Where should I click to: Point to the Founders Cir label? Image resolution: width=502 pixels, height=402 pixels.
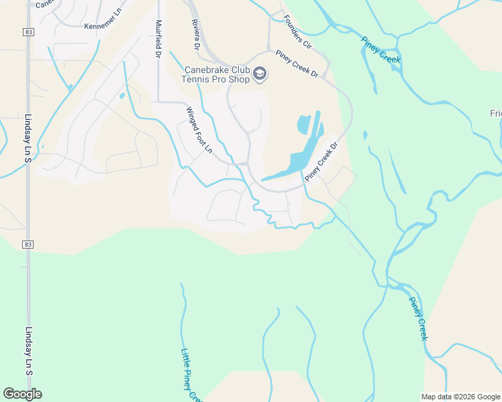(x=297, y=32)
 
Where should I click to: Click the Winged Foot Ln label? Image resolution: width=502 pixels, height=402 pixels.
(x=199, y=130)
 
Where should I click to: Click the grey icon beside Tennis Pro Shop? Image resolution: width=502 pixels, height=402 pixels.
(x=260, y=74)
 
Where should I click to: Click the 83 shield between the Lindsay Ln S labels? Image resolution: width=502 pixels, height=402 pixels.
(x=28, y=245)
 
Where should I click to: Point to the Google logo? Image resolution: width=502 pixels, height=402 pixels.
(x=22, y=394)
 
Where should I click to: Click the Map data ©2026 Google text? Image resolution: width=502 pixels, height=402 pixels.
(x=460, y=397)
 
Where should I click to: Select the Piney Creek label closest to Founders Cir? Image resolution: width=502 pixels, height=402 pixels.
(x=381, y=48)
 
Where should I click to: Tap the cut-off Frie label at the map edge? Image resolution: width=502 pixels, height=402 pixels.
(x=495, y=113)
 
